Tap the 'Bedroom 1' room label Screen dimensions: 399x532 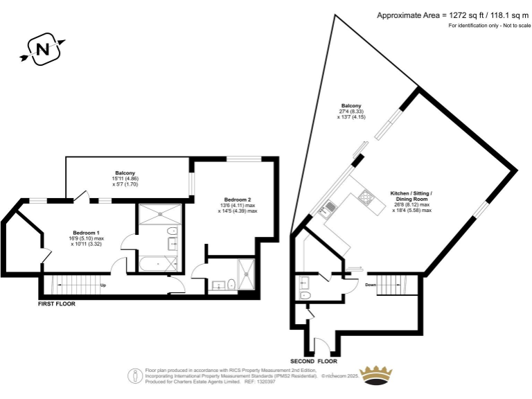[x=87, y=232]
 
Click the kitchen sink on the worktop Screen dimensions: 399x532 [x=330, y=206]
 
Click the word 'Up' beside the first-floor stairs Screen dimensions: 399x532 [x=103, y=285]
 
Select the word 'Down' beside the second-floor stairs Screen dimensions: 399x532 [x=371, y=285]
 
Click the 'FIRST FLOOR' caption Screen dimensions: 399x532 [x=57, y=303]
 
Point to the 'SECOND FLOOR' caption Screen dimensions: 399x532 [x=314, y=362]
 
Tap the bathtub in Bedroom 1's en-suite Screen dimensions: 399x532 [x=157, y=264]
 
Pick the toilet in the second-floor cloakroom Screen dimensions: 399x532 [x=305, y=295]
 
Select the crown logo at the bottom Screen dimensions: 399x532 [x=378, y=374]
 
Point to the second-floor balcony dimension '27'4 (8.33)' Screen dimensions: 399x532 [x=351, y=112]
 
